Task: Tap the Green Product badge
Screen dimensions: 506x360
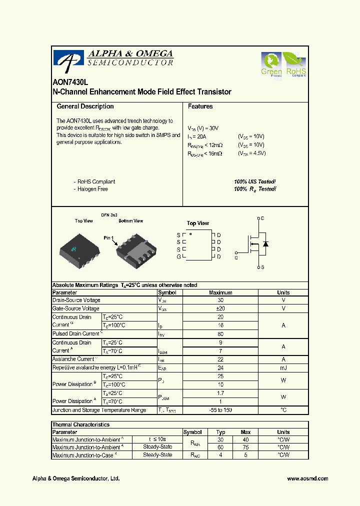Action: point(271,65)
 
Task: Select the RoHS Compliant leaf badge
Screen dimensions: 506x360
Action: point(295,65)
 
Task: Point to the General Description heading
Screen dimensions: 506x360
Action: point(85,106)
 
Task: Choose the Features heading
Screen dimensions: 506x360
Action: point(200,106)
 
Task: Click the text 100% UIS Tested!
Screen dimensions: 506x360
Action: point(254,182)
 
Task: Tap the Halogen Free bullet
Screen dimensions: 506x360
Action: point(92,189)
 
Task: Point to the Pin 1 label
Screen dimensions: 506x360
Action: point(109,238)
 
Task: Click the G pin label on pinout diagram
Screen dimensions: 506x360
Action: point(178,256)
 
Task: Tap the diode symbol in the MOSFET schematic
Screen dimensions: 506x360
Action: point(266,243)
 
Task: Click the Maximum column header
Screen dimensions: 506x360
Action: point(220,292)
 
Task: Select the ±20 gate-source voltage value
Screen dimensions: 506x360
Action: point(220,308)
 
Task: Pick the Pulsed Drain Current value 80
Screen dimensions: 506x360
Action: point(220,333)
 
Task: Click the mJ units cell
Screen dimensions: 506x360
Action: point(283,367)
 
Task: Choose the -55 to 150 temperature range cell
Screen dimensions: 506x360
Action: point(220,410)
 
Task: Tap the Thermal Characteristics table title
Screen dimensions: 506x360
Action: point(81,424)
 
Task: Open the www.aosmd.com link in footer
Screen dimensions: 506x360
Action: point(307,478)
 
